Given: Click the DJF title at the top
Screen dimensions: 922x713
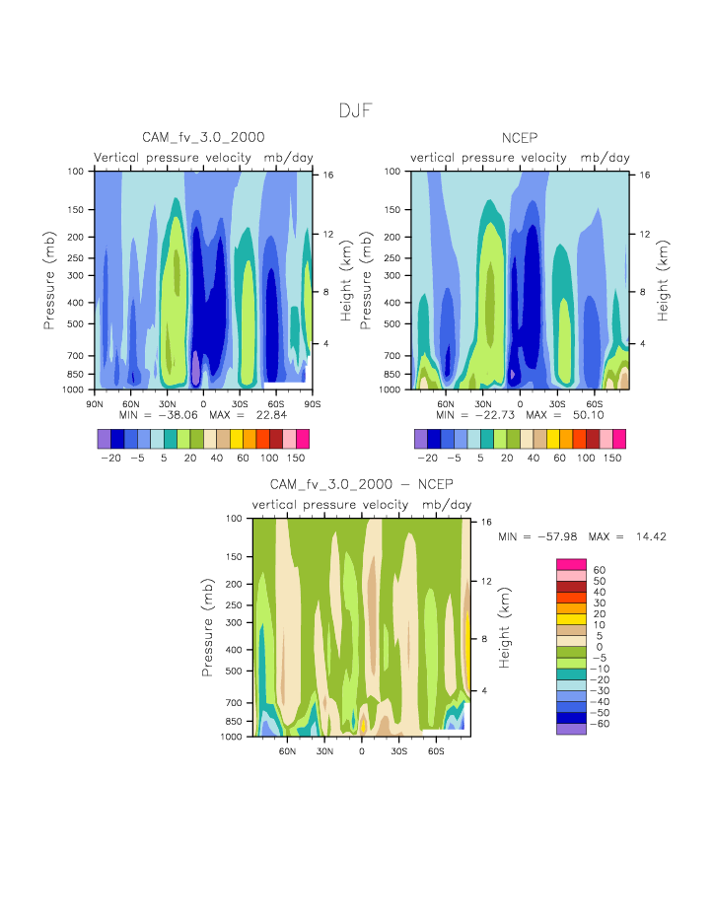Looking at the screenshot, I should [356, 110].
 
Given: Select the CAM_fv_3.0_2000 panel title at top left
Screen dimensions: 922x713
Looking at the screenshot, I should [203, 137].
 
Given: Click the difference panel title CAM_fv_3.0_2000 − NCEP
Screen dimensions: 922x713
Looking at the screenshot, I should [362, 484].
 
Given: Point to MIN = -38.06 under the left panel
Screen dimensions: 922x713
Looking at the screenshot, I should [151, 414].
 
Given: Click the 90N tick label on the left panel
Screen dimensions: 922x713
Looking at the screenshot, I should [95, 402].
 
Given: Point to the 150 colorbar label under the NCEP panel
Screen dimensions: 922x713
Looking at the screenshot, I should [611, 459].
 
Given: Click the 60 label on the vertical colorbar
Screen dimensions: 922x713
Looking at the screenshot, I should [599, 569].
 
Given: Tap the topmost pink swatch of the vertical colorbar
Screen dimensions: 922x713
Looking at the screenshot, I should [571, 563].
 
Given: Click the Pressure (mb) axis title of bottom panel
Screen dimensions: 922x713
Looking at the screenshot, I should [208, 627].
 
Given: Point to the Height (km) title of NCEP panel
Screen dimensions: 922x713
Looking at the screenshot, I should [664, 280].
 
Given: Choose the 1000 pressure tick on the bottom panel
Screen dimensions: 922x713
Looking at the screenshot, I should [233, 737].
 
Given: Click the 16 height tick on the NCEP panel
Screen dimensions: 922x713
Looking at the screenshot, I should [644, 175].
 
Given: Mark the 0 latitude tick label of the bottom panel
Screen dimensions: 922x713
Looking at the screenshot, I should [362, 750].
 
